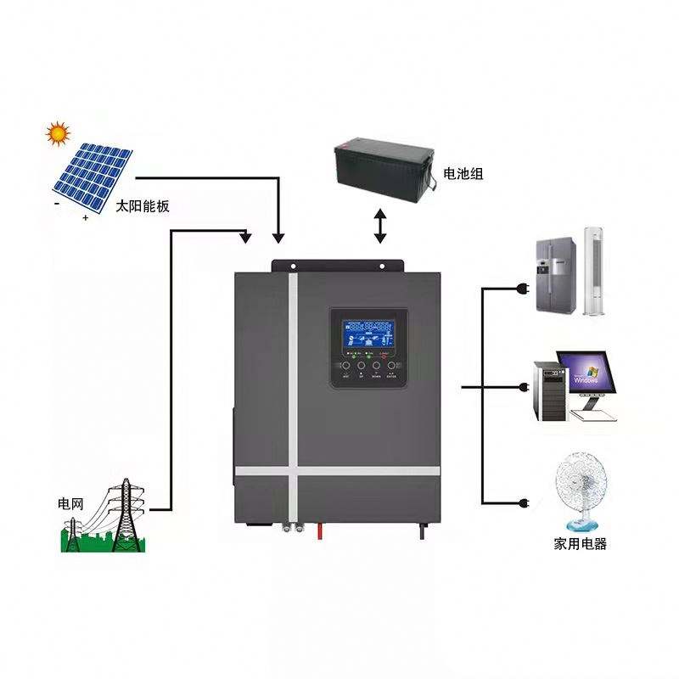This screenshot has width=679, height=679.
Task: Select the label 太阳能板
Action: pos(142,206)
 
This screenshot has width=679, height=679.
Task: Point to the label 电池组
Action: pos(463,174)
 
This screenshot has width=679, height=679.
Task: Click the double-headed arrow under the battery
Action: pos(380,227)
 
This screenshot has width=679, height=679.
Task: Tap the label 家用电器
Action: pos(581,544)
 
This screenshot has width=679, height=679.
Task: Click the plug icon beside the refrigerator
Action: pos(521,289)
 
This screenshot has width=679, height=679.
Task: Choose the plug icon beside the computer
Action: pos(522,388)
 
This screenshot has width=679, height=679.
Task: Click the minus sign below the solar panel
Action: pos(56,204)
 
